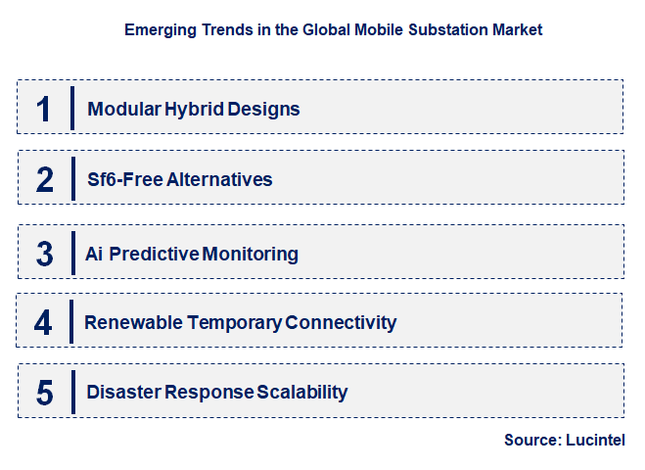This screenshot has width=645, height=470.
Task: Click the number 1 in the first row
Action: [43, 108]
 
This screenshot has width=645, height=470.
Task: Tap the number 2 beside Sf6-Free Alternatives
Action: [44, 179]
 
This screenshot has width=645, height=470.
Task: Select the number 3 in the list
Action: [44, 253]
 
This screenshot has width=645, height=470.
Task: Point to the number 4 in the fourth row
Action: [44, 322]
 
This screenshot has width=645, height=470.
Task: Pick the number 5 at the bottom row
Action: [44, 393]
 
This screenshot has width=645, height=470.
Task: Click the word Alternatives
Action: [217, 179]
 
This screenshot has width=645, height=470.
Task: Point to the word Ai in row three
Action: [94, 254]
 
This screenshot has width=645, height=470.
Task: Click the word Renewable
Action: [128, 322]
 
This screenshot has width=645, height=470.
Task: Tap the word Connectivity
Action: [342, 322]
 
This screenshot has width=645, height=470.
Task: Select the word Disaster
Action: [123, 393]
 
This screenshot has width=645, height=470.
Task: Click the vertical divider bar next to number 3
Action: [72, 253]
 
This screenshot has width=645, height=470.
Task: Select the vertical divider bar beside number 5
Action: [72, 392]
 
